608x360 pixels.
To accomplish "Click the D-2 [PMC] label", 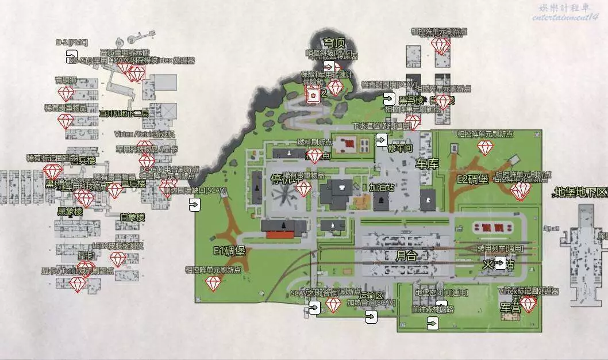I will (72, 43).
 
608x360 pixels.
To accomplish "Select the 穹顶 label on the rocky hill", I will (334, 43).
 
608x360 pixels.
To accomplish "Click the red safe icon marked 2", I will (313, 94).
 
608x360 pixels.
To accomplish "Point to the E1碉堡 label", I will (229, 251).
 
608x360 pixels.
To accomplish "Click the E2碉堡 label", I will (472, 179).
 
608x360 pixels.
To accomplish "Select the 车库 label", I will (427, 164).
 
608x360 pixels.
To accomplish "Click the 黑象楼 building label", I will (70, 212).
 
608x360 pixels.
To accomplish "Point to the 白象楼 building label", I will (132, 217).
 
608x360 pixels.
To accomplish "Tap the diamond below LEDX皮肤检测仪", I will (118, 259).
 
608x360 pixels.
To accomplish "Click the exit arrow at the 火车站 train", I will (500, 263).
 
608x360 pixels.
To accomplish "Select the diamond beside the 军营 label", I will (528, 304).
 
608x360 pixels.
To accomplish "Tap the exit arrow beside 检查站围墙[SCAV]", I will (390, 98).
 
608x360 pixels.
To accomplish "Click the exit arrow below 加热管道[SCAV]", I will (371, 316).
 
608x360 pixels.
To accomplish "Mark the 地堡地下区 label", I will (580, 192).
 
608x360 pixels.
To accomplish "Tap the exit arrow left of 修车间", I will (381, 139).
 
